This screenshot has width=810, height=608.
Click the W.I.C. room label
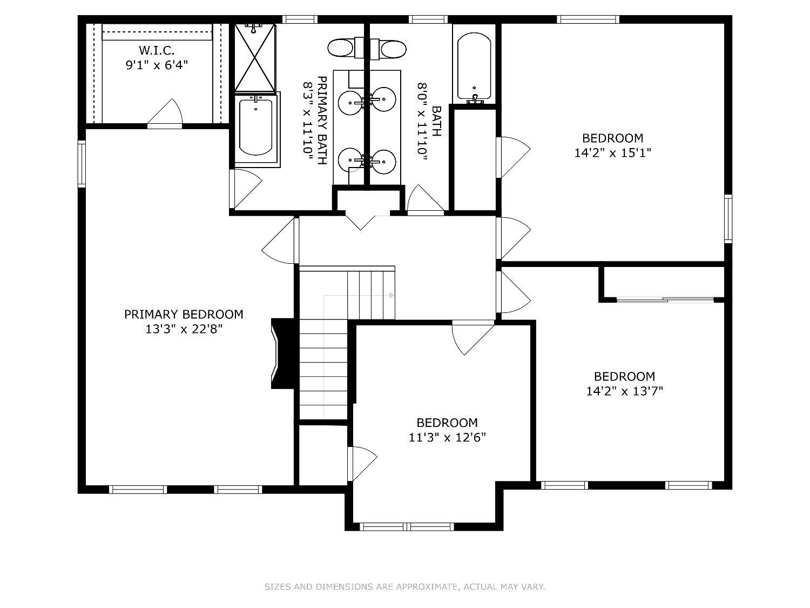coord(157,50)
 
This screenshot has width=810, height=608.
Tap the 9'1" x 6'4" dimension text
coord(157,65)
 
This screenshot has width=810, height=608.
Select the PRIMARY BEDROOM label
coord(184,314)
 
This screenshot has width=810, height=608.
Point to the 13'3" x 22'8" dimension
coord(184,329)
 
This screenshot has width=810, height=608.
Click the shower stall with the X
coord(255,57)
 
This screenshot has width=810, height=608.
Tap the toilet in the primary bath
coord(345,48)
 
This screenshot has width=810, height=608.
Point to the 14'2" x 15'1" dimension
coord(612,152)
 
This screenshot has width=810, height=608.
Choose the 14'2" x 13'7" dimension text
coord(625,391)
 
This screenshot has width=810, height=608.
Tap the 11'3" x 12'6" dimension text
coord(447,437)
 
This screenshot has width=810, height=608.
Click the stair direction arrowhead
coord(391,295)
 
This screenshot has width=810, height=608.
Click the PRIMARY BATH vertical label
coord(322,121)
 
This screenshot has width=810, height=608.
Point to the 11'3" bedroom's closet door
coord(362,464)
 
